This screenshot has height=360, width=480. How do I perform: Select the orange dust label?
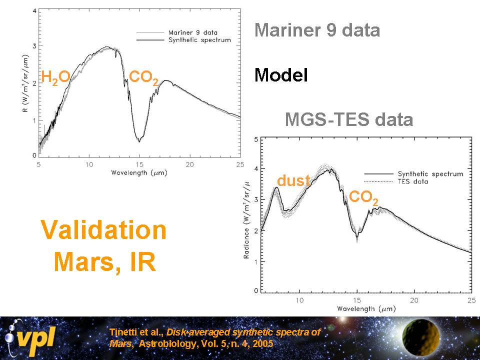293,180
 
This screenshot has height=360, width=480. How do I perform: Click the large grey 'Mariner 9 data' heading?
317,30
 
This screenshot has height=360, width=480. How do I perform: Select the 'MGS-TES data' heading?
348,120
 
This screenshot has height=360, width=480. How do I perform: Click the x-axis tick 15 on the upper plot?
139,164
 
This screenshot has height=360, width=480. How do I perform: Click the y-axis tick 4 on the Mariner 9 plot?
33,10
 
